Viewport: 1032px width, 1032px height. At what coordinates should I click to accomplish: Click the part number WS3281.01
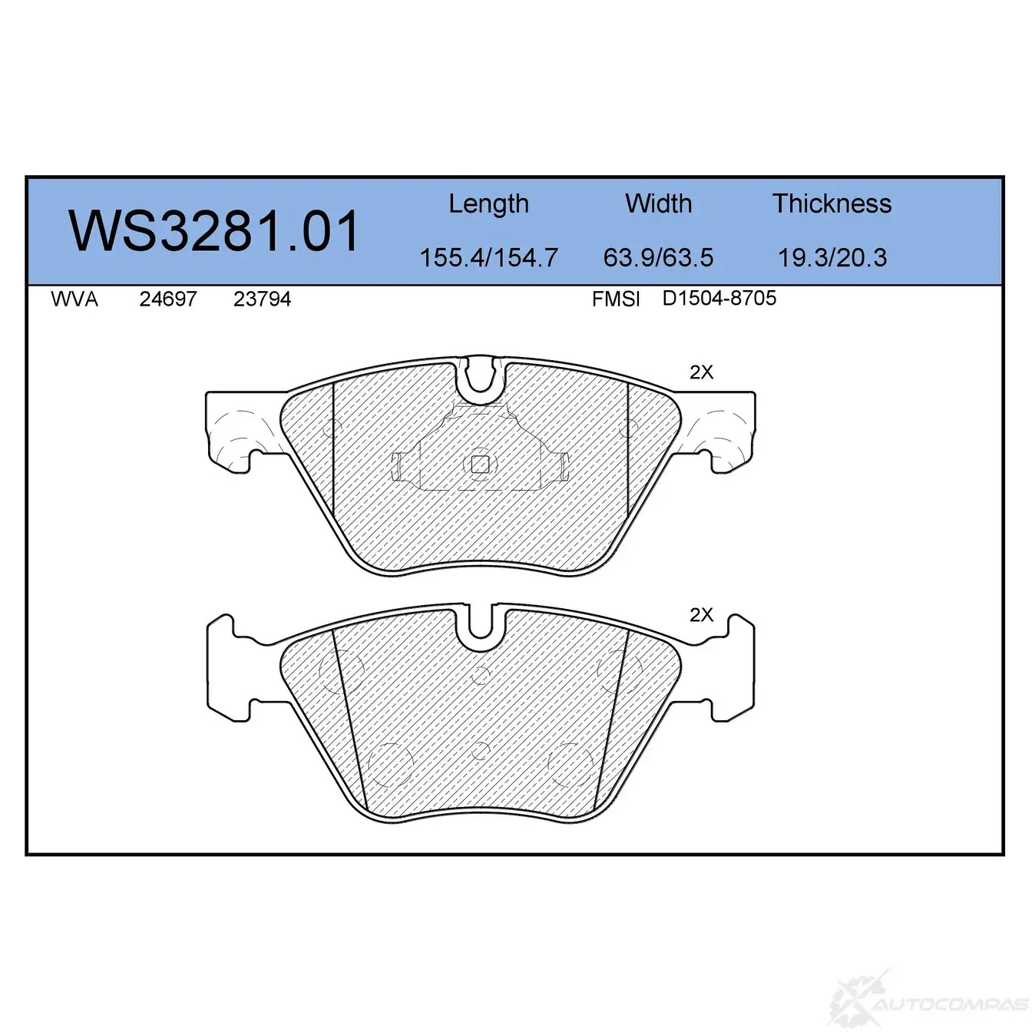(x=213, y=231)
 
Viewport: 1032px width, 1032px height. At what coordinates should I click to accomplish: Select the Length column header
(x=488, y=204)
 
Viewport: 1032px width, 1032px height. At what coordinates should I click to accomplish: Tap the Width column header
(x=658, y=203)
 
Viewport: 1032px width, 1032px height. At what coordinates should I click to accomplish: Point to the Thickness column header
(x=832, y=203)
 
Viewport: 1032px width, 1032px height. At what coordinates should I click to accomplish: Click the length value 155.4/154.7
(x=489, y=257)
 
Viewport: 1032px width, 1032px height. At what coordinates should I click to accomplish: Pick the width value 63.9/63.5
(x=658, y=257)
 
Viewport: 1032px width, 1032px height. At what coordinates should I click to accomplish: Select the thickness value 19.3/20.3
(x=832, y=257)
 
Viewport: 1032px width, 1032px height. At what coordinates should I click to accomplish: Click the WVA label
(x=74, y=299)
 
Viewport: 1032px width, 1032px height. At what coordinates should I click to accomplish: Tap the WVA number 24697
(x=168, y=299)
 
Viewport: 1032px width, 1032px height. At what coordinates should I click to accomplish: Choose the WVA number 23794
(x=262, y=299)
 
